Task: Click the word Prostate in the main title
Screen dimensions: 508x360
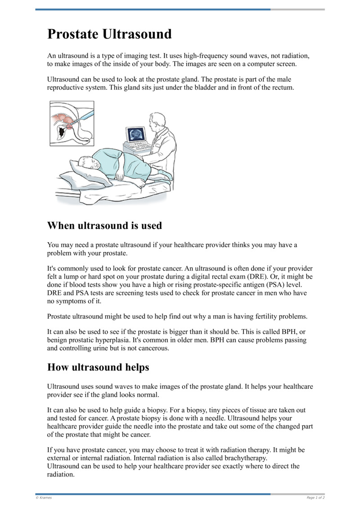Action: (73, 34)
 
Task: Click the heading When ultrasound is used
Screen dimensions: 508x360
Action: (104, 225)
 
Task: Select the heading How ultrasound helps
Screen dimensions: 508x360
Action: (98, 367)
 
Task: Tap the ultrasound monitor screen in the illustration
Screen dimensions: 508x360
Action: (136, 134)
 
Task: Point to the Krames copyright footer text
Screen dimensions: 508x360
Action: (44, 498)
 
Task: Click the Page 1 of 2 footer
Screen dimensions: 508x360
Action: (315, 498)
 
